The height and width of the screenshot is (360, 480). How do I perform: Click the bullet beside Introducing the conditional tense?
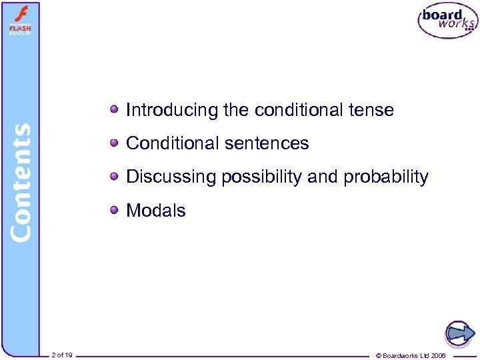(x=115, y=109)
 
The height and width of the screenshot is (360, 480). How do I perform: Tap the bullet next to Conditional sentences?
(x=115, y=142)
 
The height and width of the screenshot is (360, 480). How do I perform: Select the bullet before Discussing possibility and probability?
(x=115, y=176)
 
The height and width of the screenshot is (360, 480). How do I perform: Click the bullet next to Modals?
(x=115, y=209)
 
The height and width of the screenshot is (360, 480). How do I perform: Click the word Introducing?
(x=172, y=110)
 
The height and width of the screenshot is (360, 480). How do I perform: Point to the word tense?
(x=370, y=110)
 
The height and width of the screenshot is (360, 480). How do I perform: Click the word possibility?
(x=261, y=177)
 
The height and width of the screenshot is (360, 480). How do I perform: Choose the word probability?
(x=386, y=177)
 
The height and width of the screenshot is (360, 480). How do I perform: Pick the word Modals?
(x=156, y=211)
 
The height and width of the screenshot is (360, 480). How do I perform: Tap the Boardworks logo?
(x=447, y=21)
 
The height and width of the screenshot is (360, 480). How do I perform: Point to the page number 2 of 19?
(x=62, y=355)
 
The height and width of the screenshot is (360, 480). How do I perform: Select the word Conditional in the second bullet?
(x=170, y=143)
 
